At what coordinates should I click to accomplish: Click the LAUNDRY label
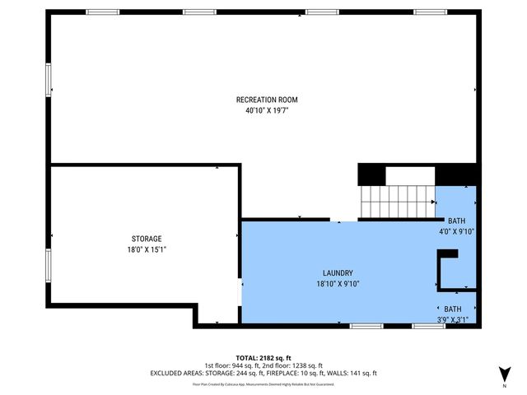pos(338,273)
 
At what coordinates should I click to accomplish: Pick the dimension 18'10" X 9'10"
pos(338,284)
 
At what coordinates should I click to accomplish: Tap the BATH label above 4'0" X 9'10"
pos(456,221)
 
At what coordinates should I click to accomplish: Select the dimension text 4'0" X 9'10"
pos(456,231)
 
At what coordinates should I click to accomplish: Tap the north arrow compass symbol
pos(504,372)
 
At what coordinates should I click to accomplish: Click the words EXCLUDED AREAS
pos(178,373)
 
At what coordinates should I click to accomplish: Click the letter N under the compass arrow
pos(504,385)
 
